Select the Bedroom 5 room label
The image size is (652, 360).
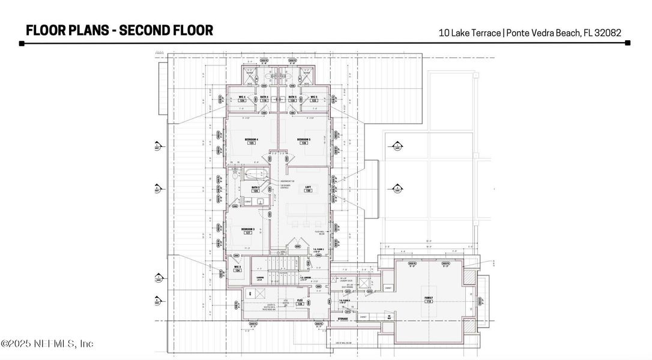pos(303,141)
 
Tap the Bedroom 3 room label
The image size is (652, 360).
pos(248,230)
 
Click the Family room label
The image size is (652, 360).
pos(429,299)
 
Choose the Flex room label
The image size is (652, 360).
pos(300,302)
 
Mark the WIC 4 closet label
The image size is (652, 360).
pos(242,98)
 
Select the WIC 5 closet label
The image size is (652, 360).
pos(313,98)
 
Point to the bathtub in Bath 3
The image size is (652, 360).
pos(256,175)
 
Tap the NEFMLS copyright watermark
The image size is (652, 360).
pos(47,344)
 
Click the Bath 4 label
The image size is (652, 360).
pos(264,98)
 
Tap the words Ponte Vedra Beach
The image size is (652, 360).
pos(543,33)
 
